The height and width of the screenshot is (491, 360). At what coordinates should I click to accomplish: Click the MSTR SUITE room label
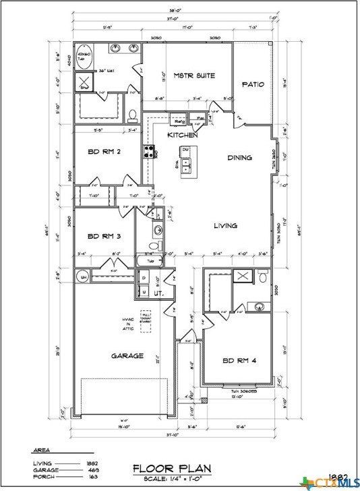tap(194, 76)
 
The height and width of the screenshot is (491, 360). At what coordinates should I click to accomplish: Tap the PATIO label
tap(253, 84)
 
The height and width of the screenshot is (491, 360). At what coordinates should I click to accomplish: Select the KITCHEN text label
tap(182, 136)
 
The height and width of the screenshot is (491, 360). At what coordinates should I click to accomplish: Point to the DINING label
tap(239, 158)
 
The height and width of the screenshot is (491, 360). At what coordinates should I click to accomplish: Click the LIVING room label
tap(226, 226)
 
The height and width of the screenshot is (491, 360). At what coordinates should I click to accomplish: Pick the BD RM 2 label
tap(104, 152)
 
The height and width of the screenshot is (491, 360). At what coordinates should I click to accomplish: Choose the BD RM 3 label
tap(104, 237)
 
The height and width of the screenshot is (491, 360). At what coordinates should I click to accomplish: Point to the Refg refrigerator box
tap(180, 121)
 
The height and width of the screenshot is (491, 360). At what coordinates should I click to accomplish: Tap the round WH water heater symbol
tap(84, 276)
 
